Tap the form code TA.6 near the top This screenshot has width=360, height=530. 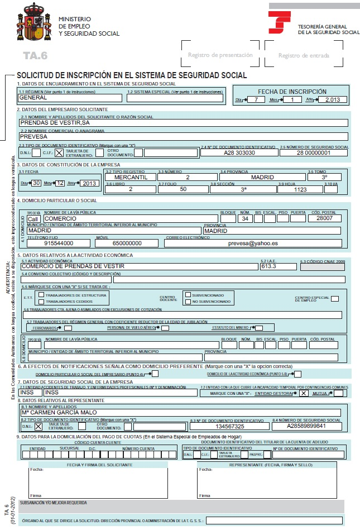(x=35, y=55)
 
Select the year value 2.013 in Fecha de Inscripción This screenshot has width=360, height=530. (x=332, y=100)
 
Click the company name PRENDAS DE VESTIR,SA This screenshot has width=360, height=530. (x=55, y=122)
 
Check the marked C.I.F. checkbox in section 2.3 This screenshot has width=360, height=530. (x=59, y=152)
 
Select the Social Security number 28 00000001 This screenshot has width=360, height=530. (x=313, y=152)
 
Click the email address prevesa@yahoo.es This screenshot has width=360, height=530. (x=253, y=243)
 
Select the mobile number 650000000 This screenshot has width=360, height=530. (x=127, y=243)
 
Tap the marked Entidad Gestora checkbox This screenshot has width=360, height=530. (x=304, y=393)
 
